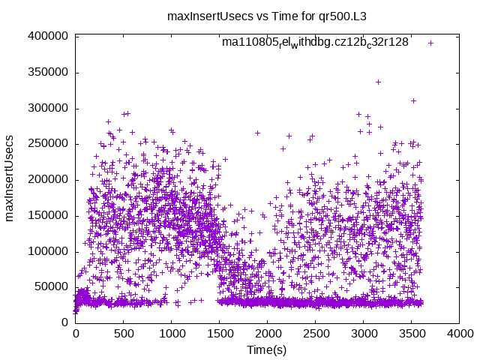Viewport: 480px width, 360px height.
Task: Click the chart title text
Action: pos(240,16)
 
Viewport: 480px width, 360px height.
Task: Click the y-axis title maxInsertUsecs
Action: pos(10,178)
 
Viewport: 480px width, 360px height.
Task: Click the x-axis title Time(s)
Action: pos(267,349)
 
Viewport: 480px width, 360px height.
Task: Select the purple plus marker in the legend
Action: pos(430,43)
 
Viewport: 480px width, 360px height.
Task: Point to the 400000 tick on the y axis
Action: pos(49,36)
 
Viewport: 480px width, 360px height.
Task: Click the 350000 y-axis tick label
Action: pos(49,72)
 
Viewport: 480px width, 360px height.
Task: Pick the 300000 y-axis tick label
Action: pos(49,108)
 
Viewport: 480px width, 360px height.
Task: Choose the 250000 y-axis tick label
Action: pos(49,143)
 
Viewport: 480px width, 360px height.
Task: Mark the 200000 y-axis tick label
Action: pos(49,179)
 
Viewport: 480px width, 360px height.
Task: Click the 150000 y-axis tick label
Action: pos(49,215)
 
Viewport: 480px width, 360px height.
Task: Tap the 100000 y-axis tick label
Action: pos(49,250)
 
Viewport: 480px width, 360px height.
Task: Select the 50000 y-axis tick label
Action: pos(52,286)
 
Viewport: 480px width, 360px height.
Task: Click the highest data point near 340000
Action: pos(378,82)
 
